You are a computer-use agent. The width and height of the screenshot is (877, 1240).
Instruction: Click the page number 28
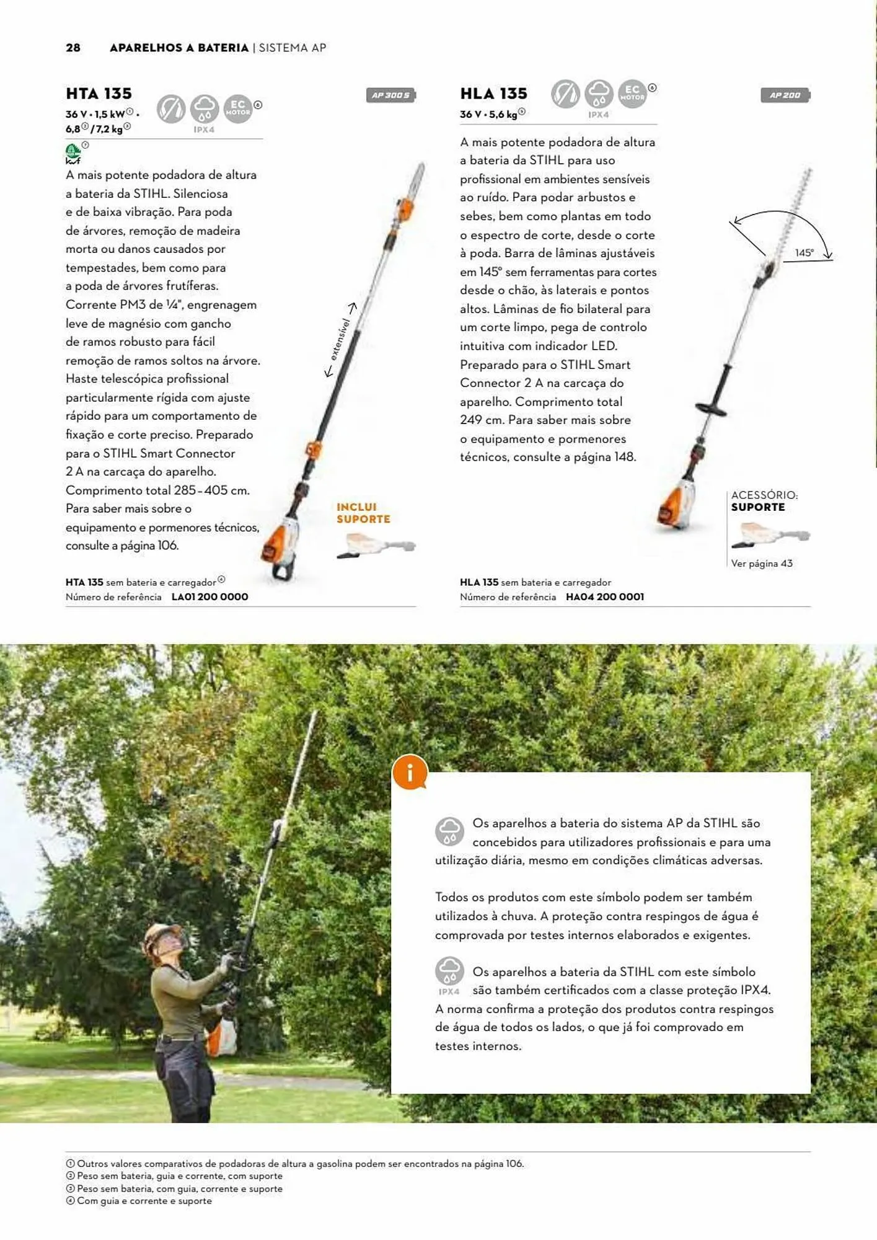(73, 48)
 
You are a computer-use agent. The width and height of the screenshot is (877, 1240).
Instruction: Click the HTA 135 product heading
(99, 94)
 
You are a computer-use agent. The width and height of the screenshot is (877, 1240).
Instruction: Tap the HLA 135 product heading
(493, 94)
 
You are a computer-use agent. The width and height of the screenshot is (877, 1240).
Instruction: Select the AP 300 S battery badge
(390, 95)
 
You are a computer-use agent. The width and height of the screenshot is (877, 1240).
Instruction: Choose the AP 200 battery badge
(785, 95)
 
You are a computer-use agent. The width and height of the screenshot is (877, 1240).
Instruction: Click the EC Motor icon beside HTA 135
(238, 108)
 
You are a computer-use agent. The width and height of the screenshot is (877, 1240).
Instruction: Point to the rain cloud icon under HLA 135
(599, 94)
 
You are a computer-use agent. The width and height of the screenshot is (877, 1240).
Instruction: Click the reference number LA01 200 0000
(209, 596)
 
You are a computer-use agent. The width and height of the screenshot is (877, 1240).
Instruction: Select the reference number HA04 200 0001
(604, 596)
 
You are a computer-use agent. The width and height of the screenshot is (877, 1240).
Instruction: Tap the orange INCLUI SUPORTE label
(363, 513)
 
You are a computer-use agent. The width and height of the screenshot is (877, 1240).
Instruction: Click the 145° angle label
(804, 253)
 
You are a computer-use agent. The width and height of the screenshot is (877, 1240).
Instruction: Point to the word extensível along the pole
(340, 339)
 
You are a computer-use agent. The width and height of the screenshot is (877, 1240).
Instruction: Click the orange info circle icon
(410, 773)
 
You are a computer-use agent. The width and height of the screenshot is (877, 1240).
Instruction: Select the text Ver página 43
(761, 563)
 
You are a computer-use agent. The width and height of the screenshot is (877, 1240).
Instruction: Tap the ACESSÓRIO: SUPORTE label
(764, 501)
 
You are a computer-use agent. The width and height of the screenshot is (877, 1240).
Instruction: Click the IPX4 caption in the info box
(449, 991)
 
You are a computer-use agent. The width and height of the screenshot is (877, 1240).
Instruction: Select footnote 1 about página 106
(295, 1164)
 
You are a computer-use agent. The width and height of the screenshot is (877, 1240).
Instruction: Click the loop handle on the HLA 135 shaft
(712, 408)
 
